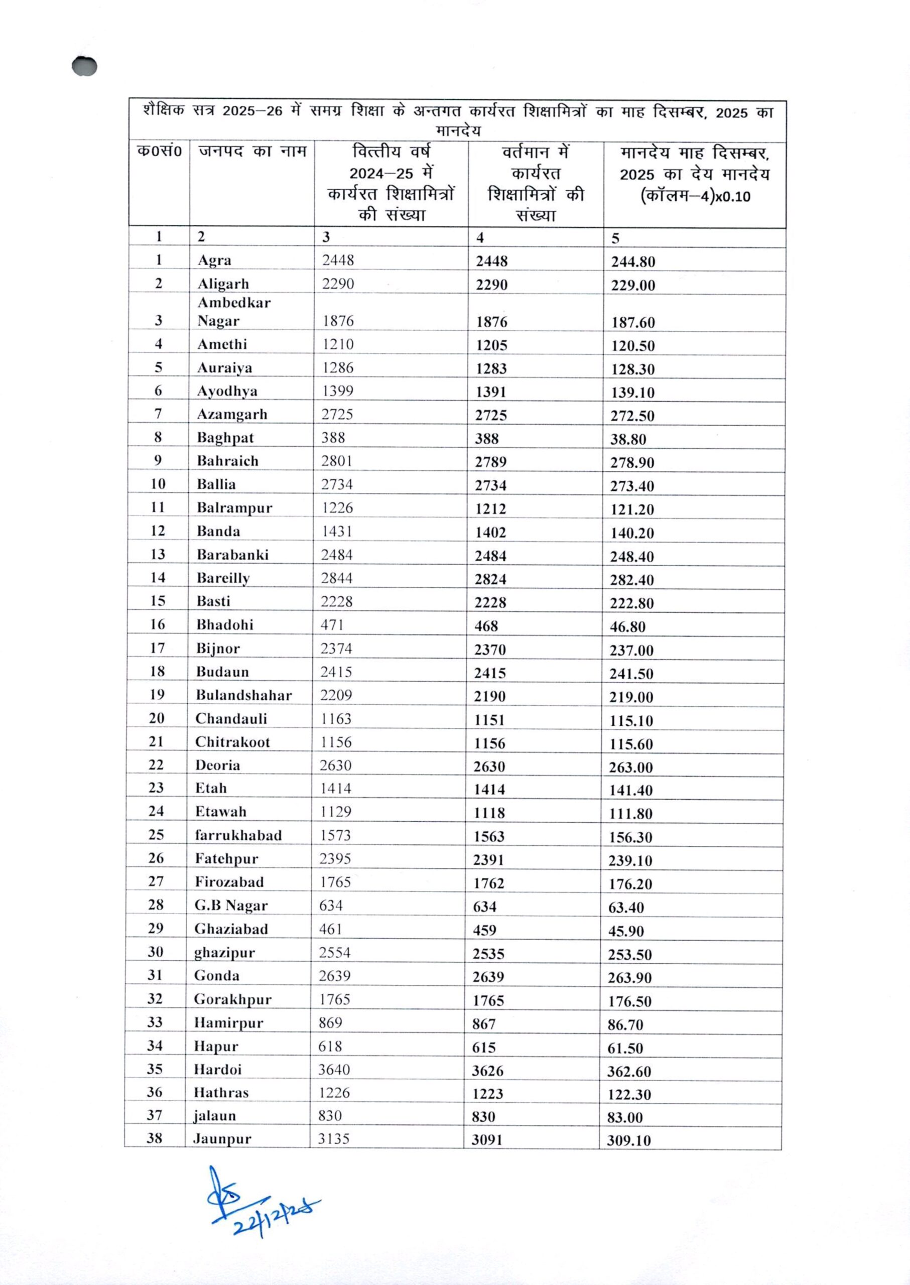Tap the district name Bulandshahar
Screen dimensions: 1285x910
point(243,696)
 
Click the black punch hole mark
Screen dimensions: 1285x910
point(85,66)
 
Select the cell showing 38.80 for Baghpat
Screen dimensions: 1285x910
point(628,439)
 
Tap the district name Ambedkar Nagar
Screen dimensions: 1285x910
point(234,312)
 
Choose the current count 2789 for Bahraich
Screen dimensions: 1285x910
point(490,462)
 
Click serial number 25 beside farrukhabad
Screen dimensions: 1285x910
point(156,835)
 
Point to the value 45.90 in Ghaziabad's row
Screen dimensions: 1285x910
point(626,932)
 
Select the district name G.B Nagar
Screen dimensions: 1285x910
point(231,906)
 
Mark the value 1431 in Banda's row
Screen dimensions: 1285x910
point(337,531)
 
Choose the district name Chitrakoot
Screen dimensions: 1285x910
point(232,742)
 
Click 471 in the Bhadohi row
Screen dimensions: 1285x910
point(332,625)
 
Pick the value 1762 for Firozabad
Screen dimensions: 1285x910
point(489,884)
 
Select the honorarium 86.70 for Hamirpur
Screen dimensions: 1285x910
point(625,1025)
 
